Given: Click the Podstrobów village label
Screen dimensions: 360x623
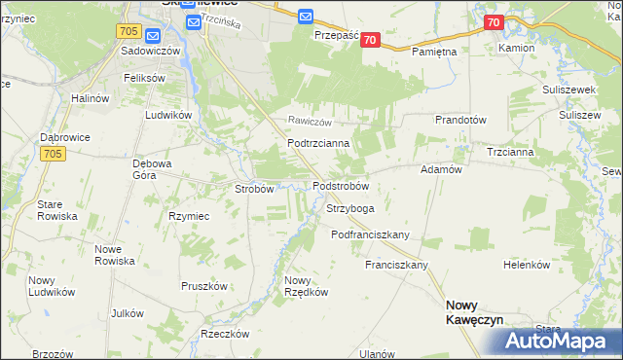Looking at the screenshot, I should click(340, 185).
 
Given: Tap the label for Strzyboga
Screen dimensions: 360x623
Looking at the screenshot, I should click(350, 208).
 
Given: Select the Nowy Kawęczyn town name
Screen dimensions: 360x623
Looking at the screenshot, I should click(473, 311).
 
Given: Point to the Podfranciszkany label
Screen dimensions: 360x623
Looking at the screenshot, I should click(371, 234).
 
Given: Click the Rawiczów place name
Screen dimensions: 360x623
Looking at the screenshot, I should click(310, 122).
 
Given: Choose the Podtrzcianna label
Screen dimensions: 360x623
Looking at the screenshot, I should click(311, 143).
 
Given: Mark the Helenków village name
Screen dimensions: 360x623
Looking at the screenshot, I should click(527, 265).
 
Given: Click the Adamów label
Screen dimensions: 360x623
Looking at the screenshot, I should click(439, 168).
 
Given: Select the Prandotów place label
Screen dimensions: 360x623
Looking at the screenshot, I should click(460, 120).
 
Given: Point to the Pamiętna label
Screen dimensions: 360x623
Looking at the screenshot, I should click(434, 51).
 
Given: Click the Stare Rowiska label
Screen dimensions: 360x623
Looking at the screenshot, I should click(50, 211).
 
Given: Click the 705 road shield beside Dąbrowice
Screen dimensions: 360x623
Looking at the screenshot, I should click(53, 153).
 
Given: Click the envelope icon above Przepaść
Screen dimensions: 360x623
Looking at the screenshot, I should click(306, 17).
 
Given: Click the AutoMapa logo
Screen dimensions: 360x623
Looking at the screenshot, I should click(561, 341).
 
